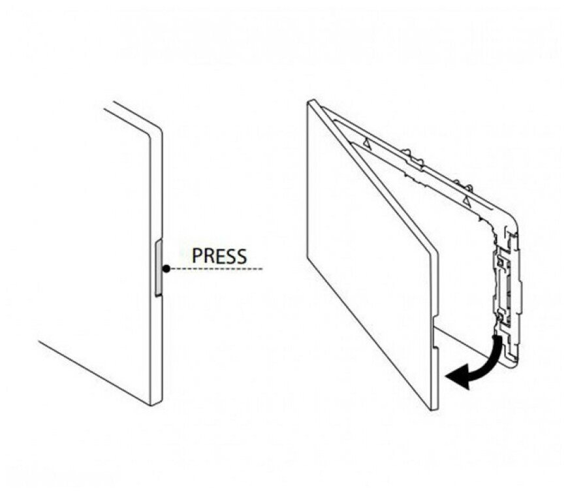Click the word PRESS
point(219,255)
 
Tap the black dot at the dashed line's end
point(167,268)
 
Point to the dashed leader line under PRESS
point(215,268)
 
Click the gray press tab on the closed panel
point(158,268)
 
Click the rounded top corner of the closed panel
point(157,128)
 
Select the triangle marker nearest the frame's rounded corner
point(465,198)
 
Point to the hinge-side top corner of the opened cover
point(311,102)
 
